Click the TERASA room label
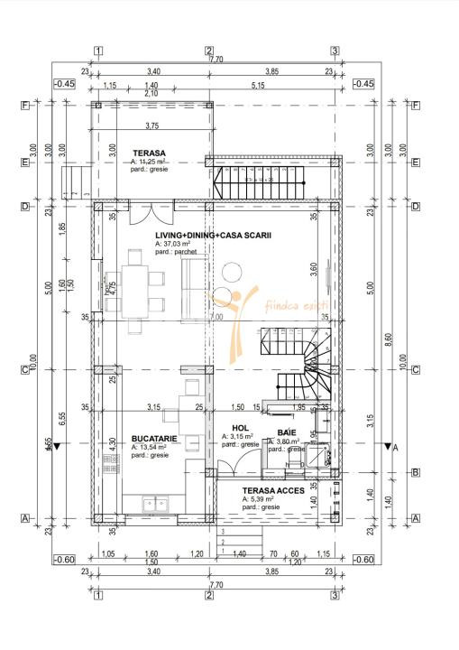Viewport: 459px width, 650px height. coord(150,153)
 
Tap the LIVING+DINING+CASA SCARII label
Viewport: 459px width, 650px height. coord(200,235)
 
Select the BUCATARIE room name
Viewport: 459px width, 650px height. coord(152,437)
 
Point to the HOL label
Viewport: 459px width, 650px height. coord(240,428)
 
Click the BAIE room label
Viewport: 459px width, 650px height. coord(287,432)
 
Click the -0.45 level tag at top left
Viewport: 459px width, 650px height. coord(64,83)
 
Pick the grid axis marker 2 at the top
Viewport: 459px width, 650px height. coord(208,51)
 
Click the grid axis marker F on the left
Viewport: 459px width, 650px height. coord(26,105)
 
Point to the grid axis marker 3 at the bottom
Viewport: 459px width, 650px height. coord(334,595)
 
